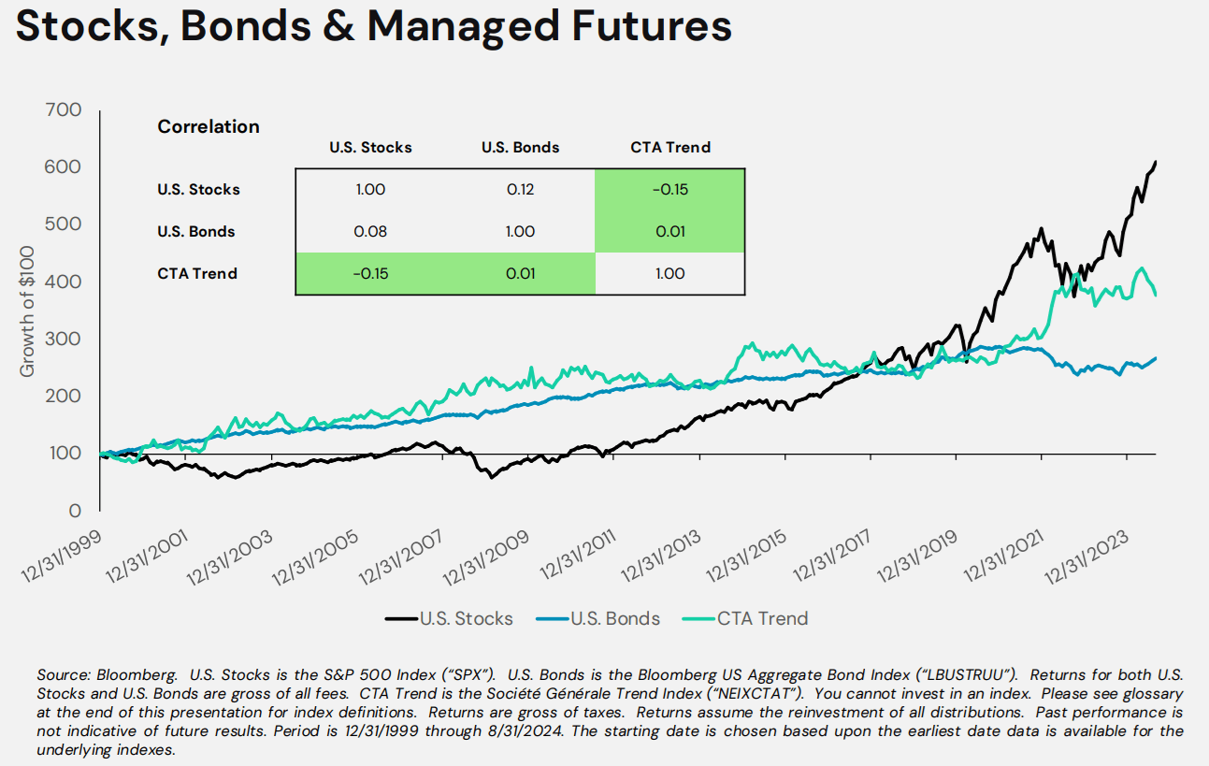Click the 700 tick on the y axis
tap(64, 110)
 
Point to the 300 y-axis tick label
tap(64, 339)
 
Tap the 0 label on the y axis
tap(75, 511)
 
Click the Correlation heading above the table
tap(209, 127)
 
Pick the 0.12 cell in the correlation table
tap(520, 189)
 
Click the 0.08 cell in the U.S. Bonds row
tap(370, 231)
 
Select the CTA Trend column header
tap(669, 147)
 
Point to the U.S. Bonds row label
tap(196, 231)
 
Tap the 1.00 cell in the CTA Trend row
tap(669, 273)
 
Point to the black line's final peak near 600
tap(1156, 163)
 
